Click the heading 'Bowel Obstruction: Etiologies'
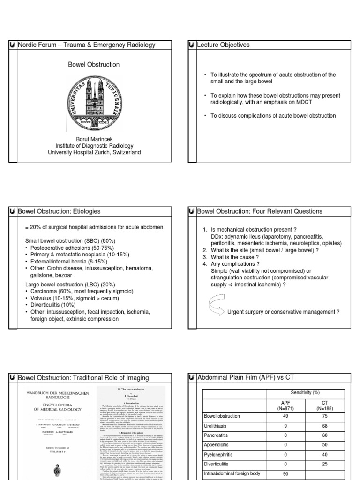[x=59, y=211]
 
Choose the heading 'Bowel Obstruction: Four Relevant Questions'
[x=260, y=211]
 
